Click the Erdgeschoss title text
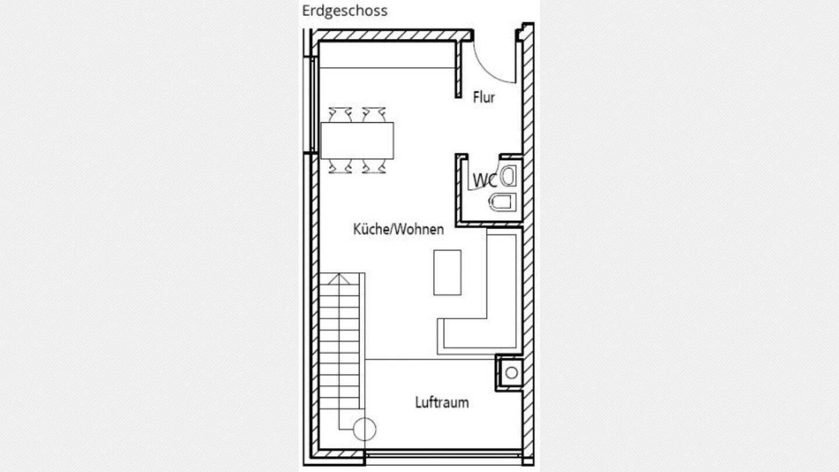[344, 11]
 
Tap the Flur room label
[484, 97]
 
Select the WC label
[485, 181]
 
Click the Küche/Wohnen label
[398, 229]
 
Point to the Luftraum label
[442, 402]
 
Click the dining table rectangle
[357, 140]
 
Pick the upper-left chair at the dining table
[340, 114]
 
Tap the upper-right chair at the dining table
[373, 114]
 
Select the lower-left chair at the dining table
[340, 167]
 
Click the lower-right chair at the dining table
[373, 167]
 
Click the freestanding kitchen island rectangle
[447, 272]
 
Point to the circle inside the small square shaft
[512, 373]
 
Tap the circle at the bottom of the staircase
[365, 429]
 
